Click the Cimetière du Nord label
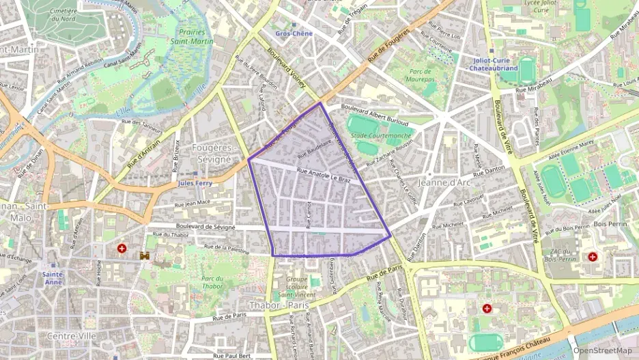coord(63,16)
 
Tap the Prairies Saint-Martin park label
coord(197,36)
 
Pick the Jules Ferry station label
coord(195,183)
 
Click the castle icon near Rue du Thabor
coord(145,255)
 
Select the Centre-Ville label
coord(72,336)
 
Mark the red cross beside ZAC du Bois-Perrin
coord(592,257)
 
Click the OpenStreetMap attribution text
coord(602,350)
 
